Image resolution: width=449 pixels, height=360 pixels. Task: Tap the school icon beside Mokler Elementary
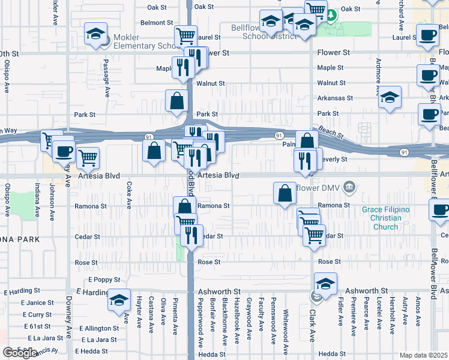point(95,35)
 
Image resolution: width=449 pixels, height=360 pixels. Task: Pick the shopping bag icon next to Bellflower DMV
point(285,193)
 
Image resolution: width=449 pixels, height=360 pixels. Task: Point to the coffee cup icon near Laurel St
point(427,35)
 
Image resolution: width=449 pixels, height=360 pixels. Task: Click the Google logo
point(20,353)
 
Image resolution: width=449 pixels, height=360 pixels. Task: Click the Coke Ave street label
point(128,196)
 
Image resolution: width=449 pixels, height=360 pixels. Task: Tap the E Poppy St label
point(104,280)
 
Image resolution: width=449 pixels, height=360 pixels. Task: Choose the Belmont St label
point(157,23)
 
